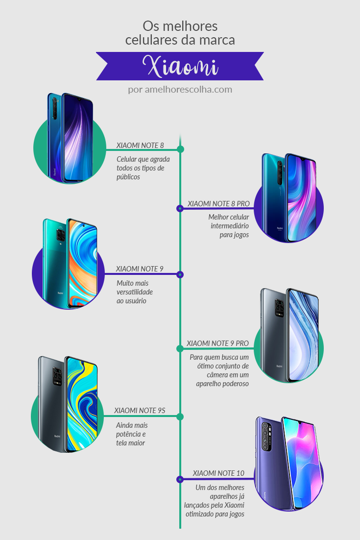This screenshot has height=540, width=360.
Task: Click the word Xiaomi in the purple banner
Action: [x=180, y=66]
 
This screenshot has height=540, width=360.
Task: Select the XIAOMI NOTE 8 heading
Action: [x=140, y=145]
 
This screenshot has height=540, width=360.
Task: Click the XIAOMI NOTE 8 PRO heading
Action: [x=218, y=203]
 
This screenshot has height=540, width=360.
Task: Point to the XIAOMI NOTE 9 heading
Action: [x=140, y=269]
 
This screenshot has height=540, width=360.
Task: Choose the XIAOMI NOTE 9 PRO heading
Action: [x=218, y=344]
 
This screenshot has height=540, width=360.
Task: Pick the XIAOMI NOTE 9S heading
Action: [x=140, y=411]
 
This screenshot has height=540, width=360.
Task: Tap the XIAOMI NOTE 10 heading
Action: [x=218, y=473]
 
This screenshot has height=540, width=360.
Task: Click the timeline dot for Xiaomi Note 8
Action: [x=180, y=149]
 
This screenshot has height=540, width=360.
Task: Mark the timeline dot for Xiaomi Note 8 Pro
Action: [x=180, y=208]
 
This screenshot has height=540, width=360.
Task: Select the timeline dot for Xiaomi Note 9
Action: [x=180, y=274]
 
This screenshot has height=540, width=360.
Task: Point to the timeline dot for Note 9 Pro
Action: [x=180, y=348]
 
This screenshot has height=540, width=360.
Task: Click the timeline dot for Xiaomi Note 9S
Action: [x=180, y=417]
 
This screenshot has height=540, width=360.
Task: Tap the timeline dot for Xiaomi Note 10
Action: [x=180, y=479]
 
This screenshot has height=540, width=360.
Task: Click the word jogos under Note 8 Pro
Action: [x=240, y=235]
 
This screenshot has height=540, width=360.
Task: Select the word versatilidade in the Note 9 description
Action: [x=135, y=292]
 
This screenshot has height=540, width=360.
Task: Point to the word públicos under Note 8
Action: [x=128, y=177]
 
